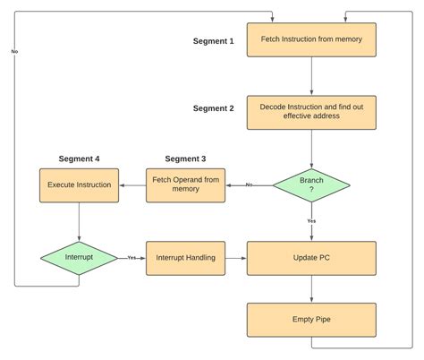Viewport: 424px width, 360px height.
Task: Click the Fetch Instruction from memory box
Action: (311, 40)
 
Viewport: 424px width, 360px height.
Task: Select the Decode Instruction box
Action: (311, 112)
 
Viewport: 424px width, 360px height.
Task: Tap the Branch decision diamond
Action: (311, 184)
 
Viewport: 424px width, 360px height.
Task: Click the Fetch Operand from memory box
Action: (187, 184)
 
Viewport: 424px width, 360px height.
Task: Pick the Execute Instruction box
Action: (79, 184)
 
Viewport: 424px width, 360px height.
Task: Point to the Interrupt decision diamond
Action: (79, 257)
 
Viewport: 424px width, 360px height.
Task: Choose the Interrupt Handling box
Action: (186, 257)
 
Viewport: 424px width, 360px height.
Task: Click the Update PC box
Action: (311, 257)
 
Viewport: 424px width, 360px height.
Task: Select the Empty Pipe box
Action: (311, 320)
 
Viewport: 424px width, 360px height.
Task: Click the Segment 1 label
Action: (214, 41)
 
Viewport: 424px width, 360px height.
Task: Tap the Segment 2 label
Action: (214, 108)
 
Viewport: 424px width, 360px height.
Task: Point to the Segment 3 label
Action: (186, 159)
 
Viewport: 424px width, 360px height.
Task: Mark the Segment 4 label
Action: (79, 159)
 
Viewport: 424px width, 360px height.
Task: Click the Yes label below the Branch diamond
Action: (311, 220)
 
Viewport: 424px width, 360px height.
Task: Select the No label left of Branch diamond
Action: (249, 184)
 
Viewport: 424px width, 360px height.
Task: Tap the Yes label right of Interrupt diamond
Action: (131, 257)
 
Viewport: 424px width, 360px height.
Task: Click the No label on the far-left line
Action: (14, 51)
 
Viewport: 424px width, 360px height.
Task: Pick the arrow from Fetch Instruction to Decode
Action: (311, 76)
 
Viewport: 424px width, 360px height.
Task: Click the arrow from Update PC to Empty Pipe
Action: (311, 288)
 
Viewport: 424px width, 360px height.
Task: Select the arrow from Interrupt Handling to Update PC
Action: (236, 257)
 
